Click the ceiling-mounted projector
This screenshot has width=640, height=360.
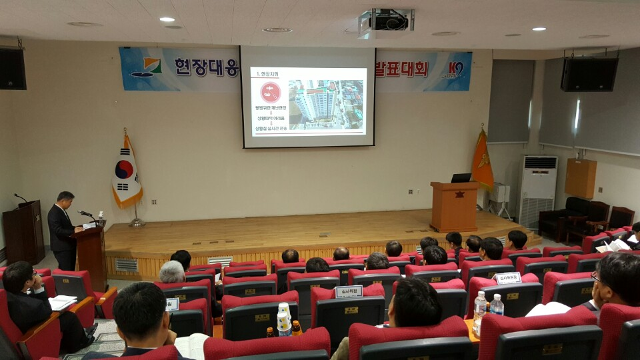(387, 23)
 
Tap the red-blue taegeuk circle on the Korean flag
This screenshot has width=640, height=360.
(124, 169)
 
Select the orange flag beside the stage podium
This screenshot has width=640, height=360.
(482, 162)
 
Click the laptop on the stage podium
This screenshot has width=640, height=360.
(461, 178)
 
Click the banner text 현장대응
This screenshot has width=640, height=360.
(206, 67)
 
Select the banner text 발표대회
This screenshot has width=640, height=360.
(402, 69)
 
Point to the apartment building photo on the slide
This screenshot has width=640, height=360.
(326, 104)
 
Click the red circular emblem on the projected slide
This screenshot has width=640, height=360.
(270, 92)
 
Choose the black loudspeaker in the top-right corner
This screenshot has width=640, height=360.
(589, 74)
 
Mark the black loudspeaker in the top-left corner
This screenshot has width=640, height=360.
(13, 69)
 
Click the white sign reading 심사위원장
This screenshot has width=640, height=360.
(508, 278)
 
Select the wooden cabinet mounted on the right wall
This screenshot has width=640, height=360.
(580, 178)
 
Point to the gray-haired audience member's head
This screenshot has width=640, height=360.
(172, 271)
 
